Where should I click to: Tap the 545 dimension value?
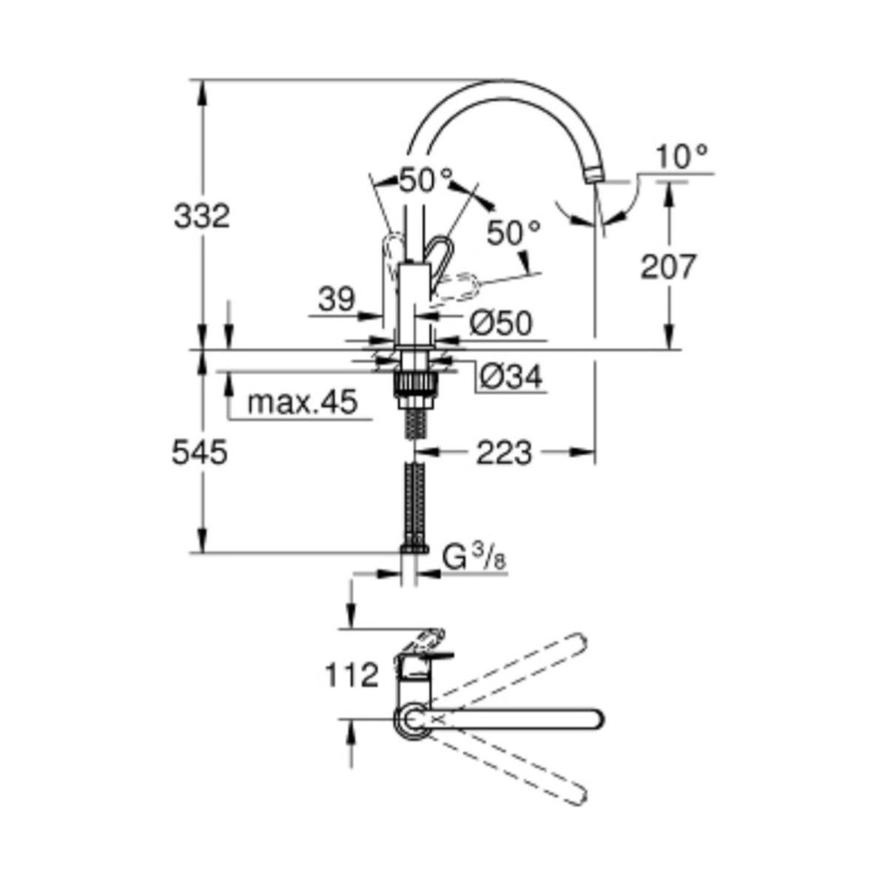coord(200,452)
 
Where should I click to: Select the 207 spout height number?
coord(667,266)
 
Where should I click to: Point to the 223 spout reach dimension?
coord(504,453)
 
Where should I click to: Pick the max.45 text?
coord(303,402)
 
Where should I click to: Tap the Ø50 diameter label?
coord(501,323)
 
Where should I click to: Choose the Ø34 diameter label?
coord(511,378)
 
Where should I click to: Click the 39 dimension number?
coord(337,299)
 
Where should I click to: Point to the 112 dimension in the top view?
coord(352,676)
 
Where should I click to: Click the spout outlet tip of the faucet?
coord(596,177)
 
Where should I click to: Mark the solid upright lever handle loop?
coord(439,256)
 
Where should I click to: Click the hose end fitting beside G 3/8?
coord(414,548)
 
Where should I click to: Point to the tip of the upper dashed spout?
coord(580,640)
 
